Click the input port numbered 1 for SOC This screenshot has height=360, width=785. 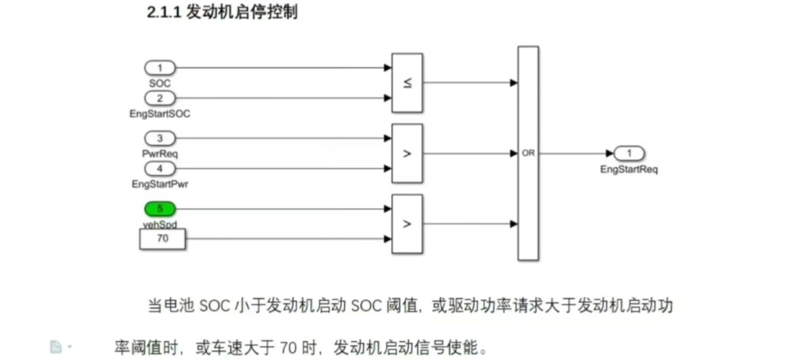click(160, 67)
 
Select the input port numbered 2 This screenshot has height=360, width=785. click(160, 98)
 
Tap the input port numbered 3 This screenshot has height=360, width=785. click(160, 138)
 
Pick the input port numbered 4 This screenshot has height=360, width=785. click(160, 169)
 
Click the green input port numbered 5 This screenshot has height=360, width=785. click(160, 209)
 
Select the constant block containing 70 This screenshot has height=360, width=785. click(163, 239)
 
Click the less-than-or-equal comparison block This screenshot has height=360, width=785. click(407, 83)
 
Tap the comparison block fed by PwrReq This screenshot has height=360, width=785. click(407, 154)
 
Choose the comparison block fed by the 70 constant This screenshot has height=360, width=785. click(407, 224)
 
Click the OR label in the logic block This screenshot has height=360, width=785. click(528, 153)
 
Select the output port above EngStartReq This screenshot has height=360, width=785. click(630, 153)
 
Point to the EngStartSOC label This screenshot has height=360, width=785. click(160, 114)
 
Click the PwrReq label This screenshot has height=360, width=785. click(160, 154)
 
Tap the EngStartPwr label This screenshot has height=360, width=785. click(160, 185)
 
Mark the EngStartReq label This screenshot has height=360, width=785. click(629, 169)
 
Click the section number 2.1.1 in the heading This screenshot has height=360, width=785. click(165, 13)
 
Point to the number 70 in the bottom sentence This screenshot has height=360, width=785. click(289, 346)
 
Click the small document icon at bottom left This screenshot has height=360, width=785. click(56, 346)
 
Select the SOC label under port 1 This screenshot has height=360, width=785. click(160, 83)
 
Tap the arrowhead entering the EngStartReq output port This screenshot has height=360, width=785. click(610, 153)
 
